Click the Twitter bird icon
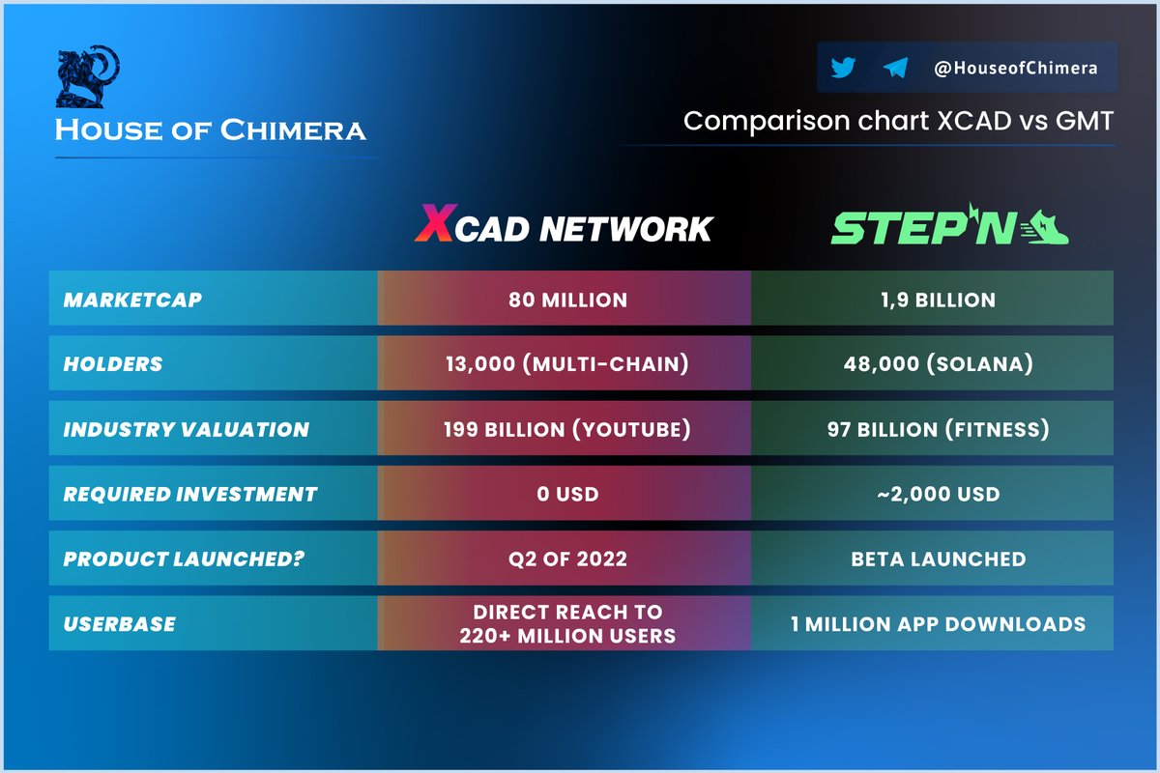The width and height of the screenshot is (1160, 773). tap(843, 68)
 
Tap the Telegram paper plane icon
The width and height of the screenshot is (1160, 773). tap(895, 68)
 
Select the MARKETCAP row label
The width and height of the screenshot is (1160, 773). tap(132, 300)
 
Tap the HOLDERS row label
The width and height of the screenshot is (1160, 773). tap(113, 364)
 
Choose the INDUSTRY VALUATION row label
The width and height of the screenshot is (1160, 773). tap(187, 429)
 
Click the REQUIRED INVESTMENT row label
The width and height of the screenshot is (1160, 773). tap(190, 494)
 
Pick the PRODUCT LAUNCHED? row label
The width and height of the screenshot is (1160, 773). tap(183, 558)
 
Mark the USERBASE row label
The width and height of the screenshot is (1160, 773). tap(120, 623)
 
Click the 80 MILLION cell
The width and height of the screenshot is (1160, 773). tap(567, 300)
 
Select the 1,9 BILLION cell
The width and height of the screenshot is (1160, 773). tap(932, 300)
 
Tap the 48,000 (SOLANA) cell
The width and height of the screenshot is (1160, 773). tap(932, 364)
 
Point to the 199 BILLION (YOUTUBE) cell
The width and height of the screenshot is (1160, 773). tap(567, 429)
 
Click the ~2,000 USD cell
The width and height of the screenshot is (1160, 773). tap(932, 494)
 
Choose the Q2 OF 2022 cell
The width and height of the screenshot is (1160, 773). tap(567, 558)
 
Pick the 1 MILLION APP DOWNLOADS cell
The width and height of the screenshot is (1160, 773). tap(932, 623)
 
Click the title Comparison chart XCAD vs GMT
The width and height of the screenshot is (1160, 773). tap(898, 122)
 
